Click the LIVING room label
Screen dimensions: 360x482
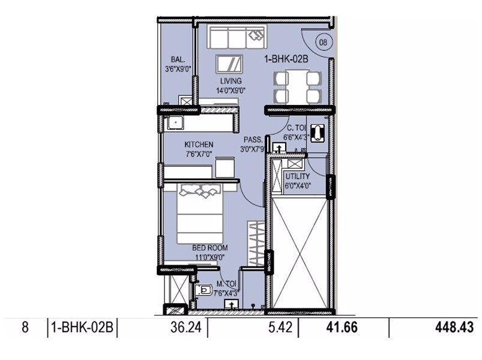point(231,81)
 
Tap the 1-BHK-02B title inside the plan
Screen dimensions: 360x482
point(286,59)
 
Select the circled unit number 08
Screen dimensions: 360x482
point(323,42)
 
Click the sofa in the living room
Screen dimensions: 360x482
point(236,37)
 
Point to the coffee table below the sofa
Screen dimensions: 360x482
point(231,64)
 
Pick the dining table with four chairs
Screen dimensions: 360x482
point(295,88)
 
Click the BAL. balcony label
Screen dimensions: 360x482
point(177,59)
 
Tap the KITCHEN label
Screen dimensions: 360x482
point(199,145)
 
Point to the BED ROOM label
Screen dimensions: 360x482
point(209,247)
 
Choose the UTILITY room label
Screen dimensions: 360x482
point(297,177)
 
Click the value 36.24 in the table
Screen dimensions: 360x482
point(182,328)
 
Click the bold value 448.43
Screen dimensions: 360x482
point(454,328)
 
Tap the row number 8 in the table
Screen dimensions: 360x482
point(25,328)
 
